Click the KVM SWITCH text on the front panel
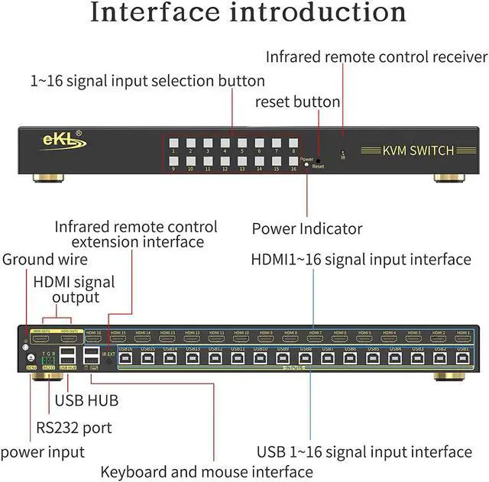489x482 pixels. pos(417,150)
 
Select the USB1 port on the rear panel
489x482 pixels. pos(463,357)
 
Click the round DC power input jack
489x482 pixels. pos(31,357)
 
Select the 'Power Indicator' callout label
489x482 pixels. pos(307,228)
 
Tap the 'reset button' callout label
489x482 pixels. pos(297,102)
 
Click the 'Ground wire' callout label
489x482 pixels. pos(44,260)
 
